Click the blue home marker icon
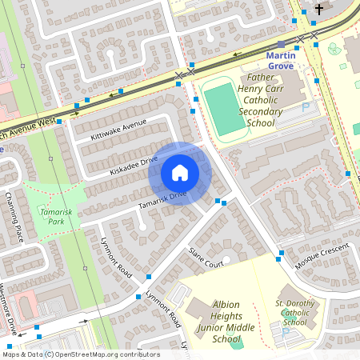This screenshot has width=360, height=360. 180,173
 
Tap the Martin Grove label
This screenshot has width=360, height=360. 281,61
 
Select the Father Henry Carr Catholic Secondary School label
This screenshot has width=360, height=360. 261,101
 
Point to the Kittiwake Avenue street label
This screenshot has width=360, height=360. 118,129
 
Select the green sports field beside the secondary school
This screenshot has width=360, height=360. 225,110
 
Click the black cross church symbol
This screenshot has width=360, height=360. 319,10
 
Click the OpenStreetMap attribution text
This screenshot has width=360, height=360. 80,354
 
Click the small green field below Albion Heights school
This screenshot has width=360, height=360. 234,342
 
